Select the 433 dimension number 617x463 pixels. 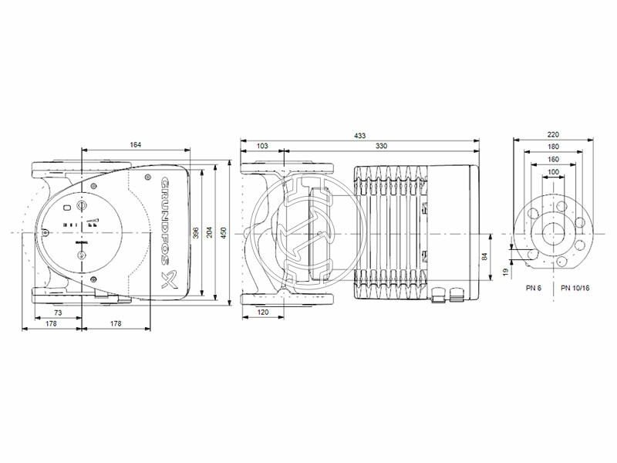359,136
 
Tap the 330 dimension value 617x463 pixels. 381,145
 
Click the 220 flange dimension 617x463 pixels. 553,134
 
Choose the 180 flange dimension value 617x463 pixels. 553,147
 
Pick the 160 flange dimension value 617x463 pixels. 553,159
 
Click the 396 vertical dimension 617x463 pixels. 197,232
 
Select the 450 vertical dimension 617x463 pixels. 224,232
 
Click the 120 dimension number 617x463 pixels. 264,313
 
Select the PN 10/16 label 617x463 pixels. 576,288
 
